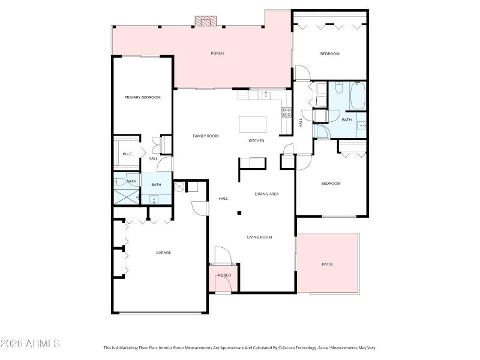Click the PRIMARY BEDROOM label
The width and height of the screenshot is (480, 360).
(x=142, y=97)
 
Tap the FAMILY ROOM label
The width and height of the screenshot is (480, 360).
(x=205, y=136)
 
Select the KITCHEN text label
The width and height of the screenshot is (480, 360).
(x=256, y=141)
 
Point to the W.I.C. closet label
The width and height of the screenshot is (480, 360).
(x=127, y=154)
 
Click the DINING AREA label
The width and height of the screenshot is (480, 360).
(x=266, y=194)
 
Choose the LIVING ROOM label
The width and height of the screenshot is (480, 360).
(x=259, y=237)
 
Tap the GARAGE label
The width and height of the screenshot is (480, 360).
(x=163, y=253)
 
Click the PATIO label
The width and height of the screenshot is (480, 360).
(x=327, y=264)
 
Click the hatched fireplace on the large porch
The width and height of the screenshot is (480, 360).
(x=205, y=21)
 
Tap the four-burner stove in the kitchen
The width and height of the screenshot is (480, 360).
(x=287, y=112)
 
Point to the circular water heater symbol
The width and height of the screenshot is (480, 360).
(x=178, y=187)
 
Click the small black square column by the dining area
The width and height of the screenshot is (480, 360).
(x=239, y=212)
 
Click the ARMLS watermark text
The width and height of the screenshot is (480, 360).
(x=30, y=344)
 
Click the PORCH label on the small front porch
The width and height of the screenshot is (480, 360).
(x=224, y=275)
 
